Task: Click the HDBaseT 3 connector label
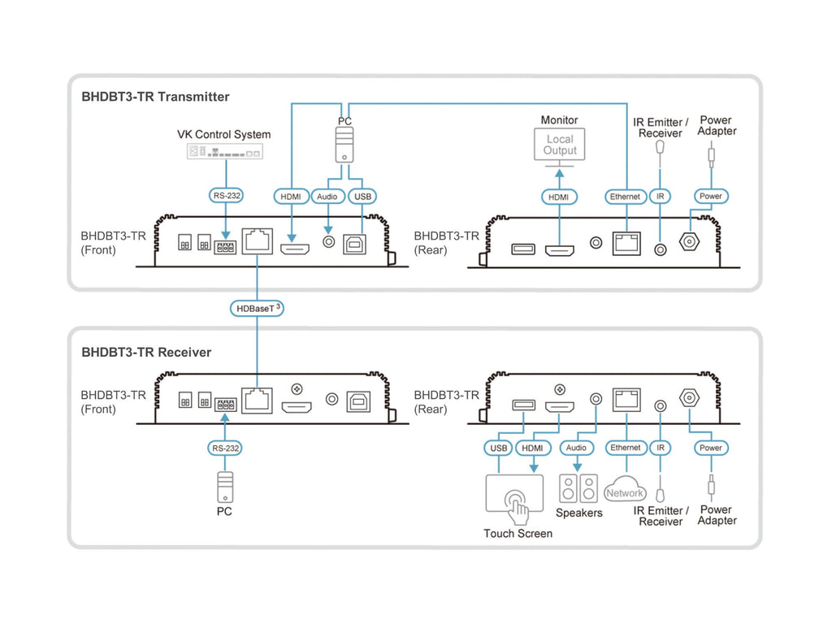click(x=257, y=309)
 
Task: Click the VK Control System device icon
click(x=225, y=151)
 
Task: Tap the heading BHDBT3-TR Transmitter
click(x=155, y=97)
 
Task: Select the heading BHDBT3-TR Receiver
click(x=146, y=353)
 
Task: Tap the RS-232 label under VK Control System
click(x=225, y=196)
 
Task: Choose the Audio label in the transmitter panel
click(x=328, y=196)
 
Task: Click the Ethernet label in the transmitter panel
click(x=626, y=196)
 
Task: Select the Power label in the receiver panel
click(x=710, y=448)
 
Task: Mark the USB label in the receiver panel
click(x=499, y=448)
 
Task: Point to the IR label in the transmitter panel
click(x=661, y=196)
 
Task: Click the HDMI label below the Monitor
click(x=559, y=196)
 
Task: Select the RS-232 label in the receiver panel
click(x=224, y=448)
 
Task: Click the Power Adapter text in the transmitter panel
click(x=717, y=126)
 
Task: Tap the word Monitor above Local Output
click(x=559, y=120)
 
